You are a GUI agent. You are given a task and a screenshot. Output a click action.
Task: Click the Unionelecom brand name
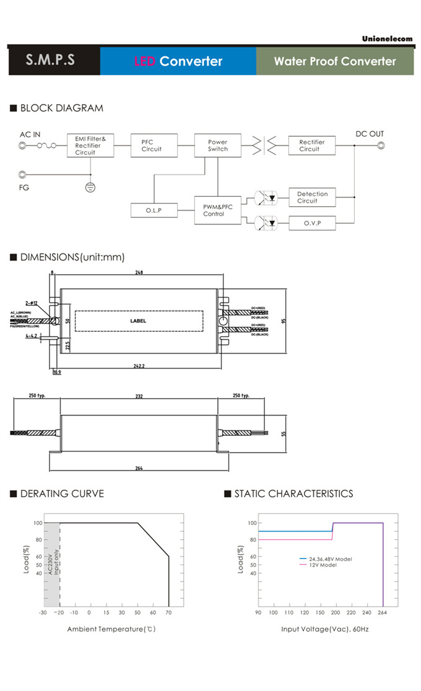click(387, 38)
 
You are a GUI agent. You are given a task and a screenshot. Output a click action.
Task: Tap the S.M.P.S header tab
click(51, 61)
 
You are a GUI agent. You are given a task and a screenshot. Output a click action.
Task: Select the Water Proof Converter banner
click(334, 61)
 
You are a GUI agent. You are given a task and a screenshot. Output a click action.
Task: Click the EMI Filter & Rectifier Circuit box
click(90, 146)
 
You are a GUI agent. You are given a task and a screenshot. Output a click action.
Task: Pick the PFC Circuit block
click(154, 146)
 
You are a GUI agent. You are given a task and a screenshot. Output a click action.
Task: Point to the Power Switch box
click(217, 146)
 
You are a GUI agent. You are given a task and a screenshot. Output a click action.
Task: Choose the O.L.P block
click(154, 211)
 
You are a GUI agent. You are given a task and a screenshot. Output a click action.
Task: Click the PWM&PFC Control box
click(217, 211)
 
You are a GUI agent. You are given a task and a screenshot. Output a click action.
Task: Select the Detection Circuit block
click(312, 198)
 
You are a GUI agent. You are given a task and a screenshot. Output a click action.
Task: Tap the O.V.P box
click(312, 223)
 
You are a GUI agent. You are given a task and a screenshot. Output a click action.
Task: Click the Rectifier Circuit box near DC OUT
click(312, 146)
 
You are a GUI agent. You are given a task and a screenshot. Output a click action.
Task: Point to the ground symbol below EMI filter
click(90, 186)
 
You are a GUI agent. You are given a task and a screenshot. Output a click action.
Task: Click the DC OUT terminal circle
click(381, 146)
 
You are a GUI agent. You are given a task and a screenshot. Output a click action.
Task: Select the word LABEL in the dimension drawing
click(138, 321)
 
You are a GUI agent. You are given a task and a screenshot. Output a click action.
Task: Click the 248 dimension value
click(139, 272)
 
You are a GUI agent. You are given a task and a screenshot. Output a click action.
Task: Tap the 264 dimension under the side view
click(139, 468)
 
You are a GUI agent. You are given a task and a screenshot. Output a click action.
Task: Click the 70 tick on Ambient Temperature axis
click(168, 613)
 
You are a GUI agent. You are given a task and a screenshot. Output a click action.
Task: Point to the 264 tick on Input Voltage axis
click(383, 613)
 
